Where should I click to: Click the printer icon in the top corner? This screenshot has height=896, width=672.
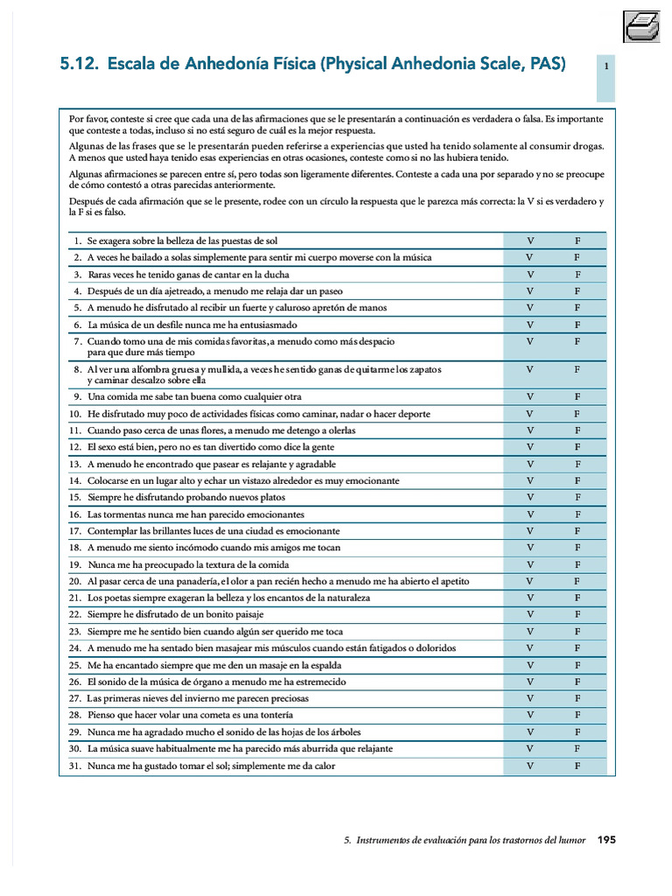(x=641, y=26)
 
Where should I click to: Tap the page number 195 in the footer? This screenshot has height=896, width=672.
(x=606, y=840)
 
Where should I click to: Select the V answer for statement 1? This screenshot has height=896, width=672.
(x=529, y=241)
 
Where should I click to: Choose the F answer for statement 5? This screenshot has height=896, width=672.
(x=577, y=308)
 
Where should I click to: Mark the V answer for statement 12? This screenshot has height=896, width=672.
(x=529, y=447)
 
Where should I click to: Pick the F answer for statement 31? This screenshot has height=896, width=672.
(x=577, y=766)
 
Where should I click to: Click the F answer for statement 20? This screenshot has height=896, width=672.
(x=577, y=581)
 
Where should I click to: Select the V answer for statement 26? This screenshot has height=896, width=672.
(x=529, y=682)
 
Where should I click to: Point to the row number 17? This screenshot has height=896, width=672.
(x=75, y=531)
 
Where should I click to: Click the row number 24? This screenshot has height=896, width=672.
(x=75, y=648)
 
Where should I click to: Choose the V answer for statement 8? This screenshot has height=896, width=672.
(x=529, y=370)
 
